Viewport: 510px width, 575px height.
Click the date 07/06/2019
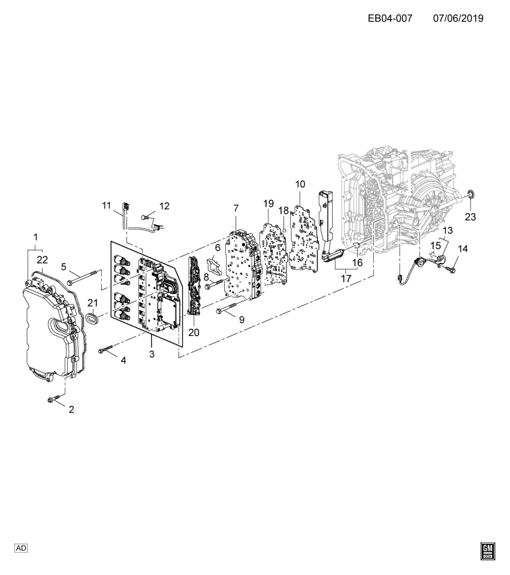pyautogui.click(x=458, y=18)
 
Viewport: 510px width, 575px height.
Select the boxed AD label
pyautogui.click(x=20, y=548)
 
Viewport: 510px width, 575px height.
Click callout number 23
pyautogui.click(x=470, y=217)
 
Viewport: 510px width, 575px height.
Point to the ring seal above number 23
pyautogui.click(x=471, y=193)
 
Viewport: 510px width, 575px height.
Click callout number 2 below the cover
pyautogui.click(x=71, y=410)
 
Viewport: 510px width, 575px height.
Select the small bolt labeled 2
pyautogui.click(x=53, y=400)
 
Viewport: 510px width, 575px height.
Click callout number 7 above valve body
pyautogui.click(x=236, y=208)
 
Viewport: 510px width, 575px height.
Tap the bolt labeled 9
pyautogui.click(x=225, y=310)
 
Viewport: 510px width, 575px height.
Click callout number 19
pyautogui.click(x=268, y=204)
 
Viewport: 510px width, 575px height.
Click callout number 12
pyautogui.click(x=164, y=205)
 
